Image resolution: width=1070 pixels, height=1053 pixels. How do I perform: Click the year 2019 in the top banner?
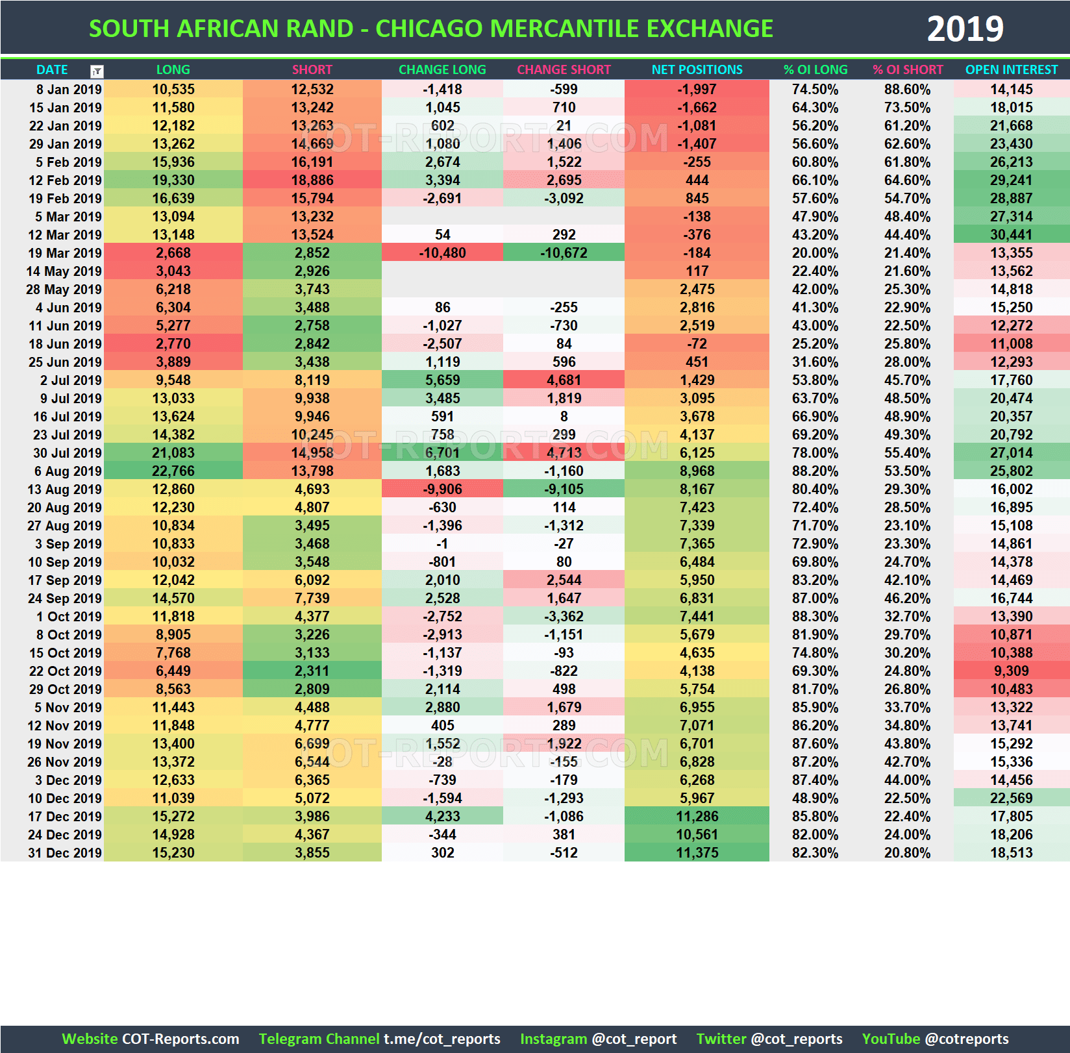click(965, 29)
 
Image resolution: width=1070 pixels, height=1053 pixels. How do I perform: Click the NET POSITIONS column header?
click(697, 69)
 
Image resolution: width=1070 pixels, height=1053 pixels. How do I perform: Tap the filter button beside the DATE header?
click(97, 71)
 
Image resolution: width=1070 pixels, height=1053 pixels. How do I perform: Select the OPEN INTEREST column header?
click(1011, 69)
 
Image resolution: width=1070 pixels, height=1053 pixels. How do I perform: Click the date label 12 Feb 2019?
click(65, 180)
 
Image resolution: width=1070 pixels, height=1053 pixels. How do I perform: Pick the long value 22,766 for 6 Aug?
click(173, 471)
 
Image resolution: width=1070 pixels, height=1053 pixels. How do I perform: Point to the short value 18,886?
click(312, 180)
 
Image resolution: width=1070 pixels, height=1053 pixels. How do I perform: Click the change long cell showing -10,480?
click(442, 253)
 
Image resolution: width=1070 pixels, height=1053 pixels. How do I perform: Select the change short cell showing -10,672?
click(564, 253)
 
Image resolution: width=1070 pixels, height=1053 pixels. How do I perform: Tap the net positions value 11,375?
click(697, 853)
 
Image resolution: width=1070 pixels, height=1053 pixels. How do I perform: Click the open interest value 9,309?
click(1011, 671)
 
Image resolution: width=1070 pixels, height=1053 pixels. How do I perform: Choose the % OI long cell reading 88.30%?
click(815, 617)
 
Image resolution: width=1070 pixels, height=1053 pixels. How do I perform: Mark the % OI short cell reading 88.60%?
click(907, 90)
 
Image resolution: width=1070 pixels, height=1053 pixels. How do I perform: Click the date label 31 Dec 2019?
click(65, 853)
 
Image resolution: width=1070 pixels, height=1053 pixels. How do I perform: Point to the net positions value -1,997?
click(697, 90)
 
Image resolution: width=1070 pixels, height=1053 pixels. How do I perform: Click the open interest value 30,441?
click(1011, 235)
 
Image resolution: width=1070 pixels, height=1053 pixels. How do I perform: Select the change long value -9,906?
click(442, 489)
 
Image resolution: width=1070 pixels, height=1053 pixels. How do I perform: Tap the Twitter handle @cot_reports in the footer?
click(796, 1039)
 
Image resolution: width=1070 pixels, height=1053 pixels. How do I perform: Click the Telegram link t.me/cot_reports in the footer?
click(442, 1039)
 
